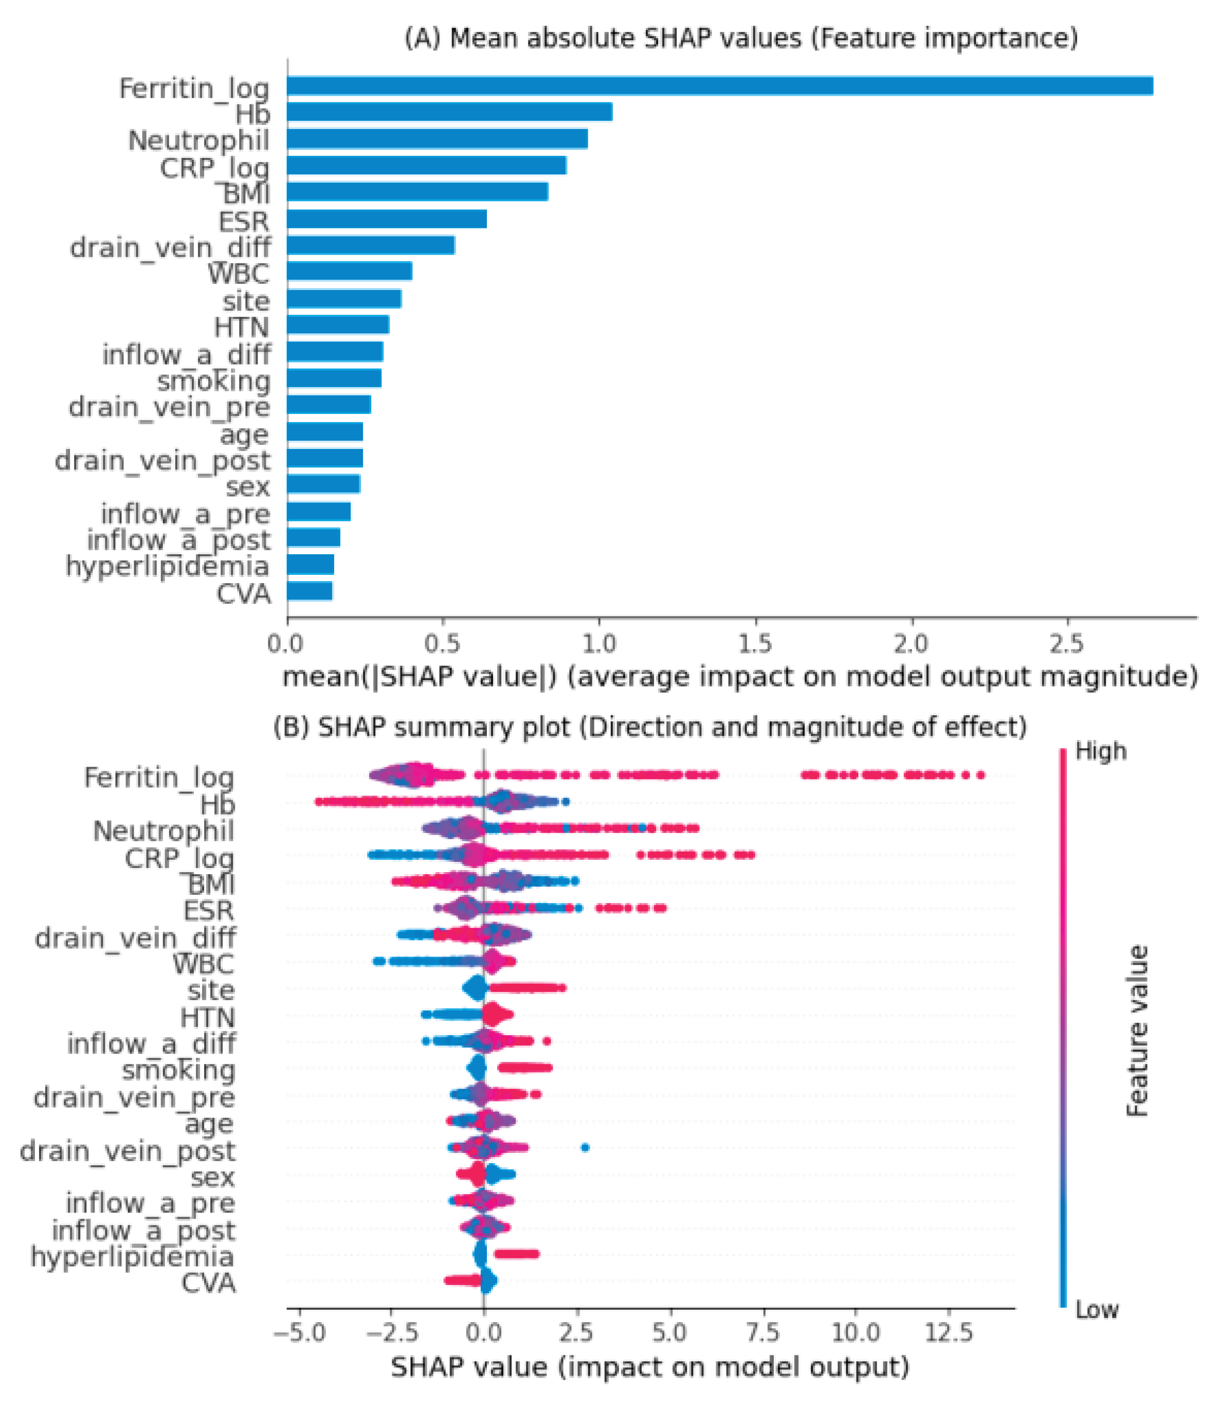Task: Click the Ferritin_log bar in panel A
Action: (x=720, y=86)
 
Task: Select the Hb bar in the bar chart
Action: (x=449, y=112)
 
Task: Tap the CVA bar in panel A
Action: (x=310, y=591)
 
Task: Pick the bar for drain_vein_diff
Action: (x=371, y=245)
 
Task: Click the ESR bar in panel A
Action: (x=387, y=219)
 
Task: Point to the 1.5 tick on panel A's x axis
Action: (x=755, y=643)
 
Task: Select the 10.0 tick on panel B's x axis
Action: (x=856, y=1332)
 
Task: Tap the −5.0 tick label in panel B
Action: (x=300, y=1332)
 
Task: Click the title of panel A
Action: (x=741, y=38)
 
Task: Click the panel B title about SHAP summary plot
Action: (x=650, y=728)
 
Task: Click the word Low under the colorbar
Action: (x=1097, y=1310)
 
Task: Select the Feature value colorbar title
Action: (x=1137, y=1031)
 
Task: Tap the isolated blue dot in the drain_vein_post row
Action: (x=585, y=1148)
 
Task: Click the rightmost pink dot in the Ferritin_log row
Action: (x=980, y=775)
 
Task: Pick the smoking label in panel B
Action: (x=178, y=1071)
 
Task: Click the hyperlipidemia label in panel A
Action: (x=167, y=566)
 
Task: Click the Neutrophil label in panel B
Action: (x=163, y=831)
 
